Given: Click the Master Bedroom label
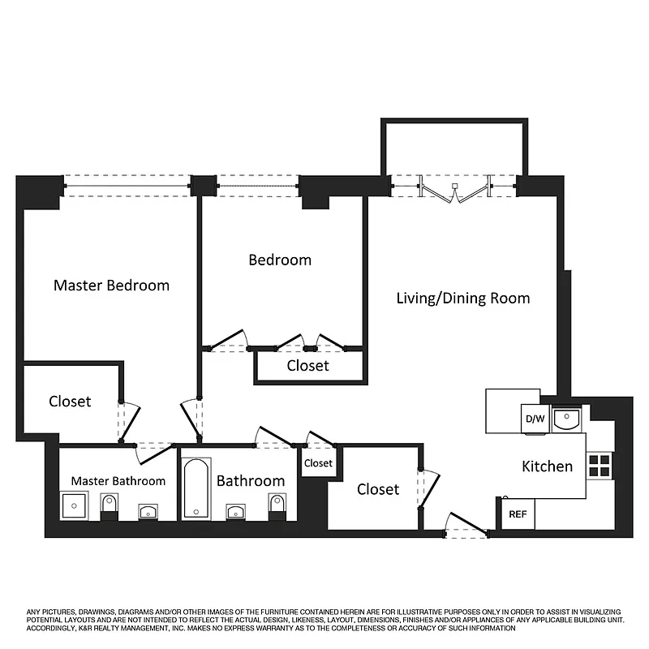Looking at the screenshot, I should pos(111,286).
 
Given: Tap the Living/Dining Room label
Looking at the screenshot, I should pos(462,298).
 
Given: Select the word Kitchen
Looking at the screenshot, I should pos(547,466).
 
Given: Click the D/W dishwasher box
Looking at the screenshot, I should pos(535,419).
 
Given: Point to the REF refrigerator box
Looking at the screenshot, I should pos(517,514).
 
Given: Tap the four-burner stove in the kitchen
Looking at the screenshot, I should pos(600,465).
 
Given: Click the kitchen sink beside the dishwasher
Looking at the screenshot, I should pos(566,419).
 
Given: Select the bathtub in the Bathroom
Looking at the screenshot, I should pos(196,488).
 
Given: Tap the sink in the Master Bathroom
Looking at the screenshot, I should pos(148,511).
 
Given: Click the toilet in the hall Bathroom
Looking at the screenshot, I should pos(277,506).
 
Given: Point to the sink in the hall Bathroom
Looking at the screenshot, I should pos(236,511).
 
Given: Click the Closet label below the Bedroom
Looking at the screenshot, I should pos(308,366).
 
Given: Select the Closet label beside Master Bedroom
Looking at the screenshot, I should pos(70,402).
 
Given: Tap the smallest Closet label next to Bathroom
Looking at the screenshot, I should pos(318,463).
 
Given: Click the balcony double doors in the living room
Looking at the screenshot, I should pos(455,188).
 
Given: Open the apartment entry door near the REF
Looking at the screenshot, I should pos(466,526).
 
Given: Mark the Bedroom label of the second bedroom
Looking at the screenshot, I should pos(280,260).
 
